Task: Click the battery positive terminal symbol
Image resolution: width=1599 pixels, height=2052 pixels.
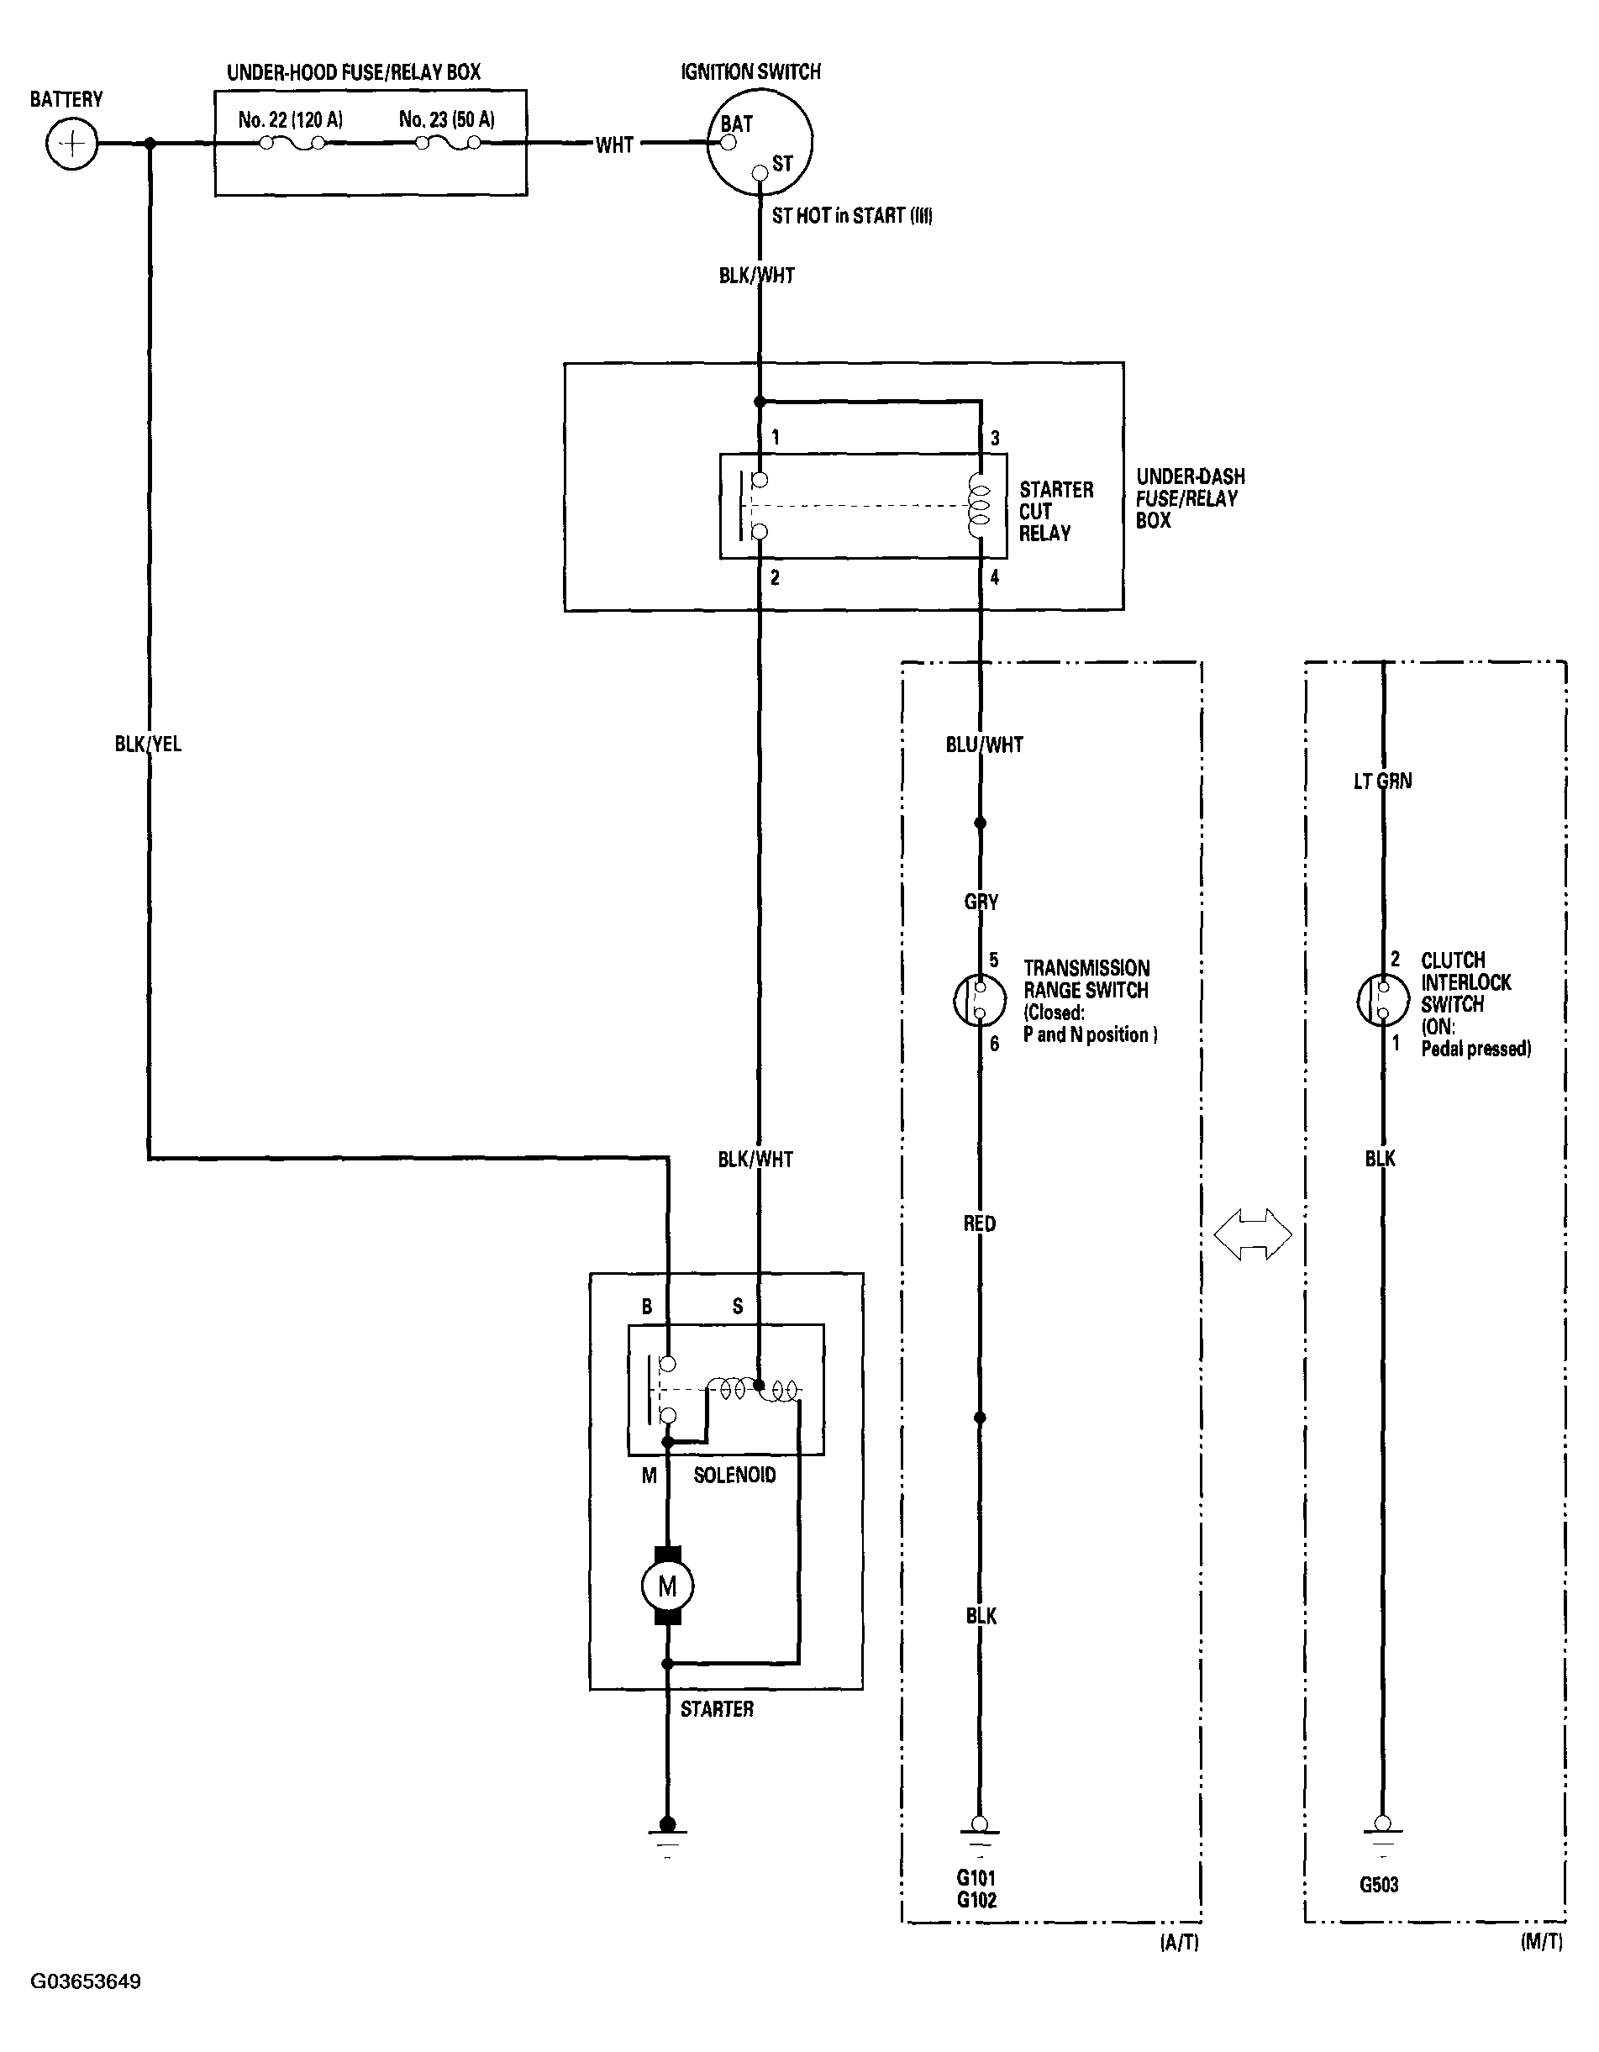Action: click(71, 145)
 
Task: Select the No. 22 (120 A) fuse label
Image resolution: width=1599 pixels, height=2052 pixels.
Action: click(289, 119)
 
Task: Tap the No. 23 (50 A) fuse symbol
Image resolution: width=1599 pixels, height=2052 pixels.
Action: click(448, 144)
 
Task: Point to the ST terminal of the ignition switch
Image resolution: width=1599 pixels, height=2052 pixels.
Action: click(760, 173)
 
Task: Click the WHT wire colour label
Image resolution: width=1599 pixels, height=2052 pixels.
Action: click(614, 145)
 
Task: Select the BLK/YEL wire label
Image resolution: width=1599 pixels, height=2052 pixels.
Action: click(148, 745)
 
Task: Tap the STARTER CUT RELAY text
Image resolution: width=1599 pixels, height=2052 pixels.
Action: click(1056, 511)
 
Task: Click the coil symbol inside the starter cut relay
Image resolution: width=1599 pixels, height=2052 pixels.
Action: click(979, 507)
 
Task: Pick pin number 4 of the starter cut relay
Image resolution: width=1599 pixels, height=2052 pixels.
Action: click(995, 577)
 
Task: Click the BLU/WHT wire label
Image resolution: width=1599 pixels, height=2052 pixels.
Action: click(984, 745)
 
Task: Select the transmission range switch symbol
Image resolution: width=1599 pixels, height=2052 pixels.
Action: click(979, 1001)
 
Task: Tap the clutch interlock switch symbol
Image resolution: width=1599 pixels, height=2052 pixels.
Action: click(1382, 1001)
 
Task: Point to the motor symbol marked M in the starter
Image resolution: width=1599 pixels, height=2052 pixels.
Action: click(667, 1587)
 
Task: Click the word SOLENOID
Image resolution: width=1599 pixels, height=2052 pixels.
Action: click(734, 1475)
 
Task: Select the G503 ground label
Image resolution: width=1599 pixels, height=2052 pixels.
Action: click(1378, 1885)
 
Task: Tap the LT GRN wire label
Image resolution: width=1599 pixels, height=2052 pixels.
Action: click(1382, 781)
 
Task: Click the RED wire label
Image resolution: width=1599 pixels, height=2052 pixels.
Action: click(979, 1223)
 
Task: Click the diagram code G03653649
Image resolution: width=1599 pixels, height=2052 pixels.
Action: click(86, 1981)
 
